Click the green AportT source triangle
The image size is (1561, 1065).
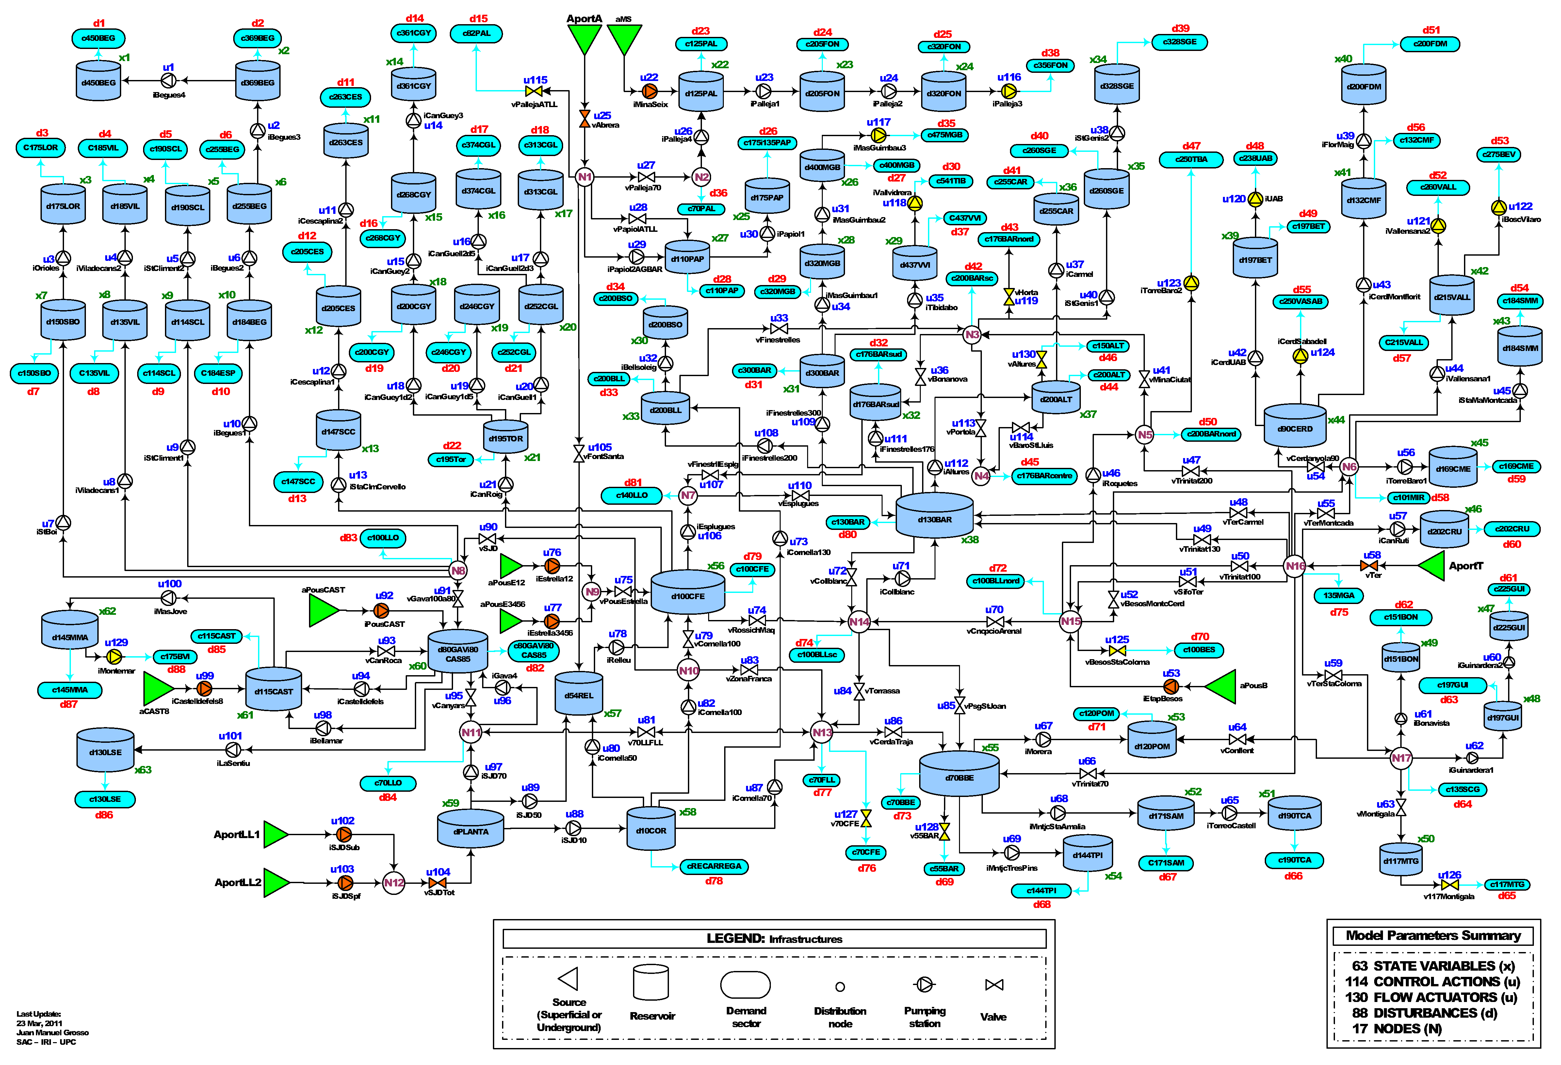coord(1433,566)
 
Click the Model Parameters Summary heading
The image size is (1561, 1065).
coord(1433,935)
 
